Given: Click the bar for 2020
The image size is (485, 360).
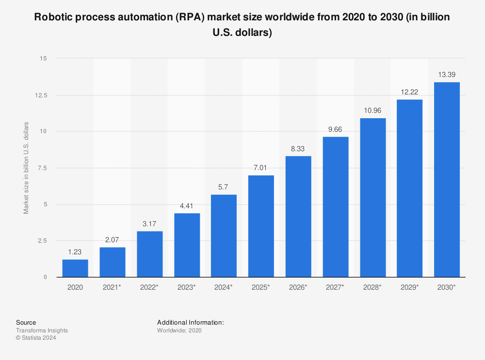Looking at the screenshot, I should (x=75, y=268).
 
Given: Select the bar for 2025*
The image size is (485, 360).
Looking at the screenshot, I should (x=261, y=226).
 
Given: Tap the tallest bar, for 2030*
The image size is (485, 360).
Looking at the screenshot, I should (x=447, y=180).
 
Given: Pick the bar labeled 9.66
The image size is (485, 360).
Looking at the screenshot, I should (x=336, y=207).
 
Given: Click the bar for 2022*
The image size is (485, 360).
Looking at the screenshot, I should (x=149, y=254).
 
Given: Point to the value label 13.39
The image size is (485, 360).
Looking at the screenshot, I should (x=447, y=75).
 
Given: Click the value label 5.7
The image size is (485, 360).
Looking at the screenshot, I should (x=224, y=187).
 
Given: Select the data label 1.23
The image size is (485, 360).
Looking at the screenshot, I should (x=75, y=252).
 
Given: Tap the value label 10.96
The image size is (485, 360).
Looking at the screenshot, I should (x=372, y=110).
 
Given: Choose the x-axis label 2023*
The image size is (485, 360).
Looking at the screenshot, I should (x=187, y=287).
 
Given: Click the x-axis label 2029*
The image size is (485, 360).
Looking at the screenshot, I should (x=410, y=287).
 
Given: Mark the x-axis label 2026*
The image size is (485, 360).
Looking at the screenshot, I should (x=298, y=287).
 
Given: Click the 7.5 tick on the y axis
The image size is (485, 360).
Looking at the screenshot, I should (x=42, y=168).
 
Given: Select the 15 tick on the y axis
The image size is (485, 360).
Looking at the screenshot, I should (x=44, y=59).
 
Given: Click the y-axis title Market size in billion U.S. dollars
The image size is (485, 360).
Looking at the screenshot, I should (x=26, y=168).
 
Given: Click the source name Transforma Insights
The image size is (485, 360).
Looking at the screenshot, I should (x=42, y=330).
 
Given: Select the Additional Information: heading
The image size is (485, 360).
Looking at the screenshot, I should (x=190, y=322).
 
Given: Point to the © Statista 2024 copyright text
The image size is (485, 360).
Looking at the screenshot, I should (x=36, y=338).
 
